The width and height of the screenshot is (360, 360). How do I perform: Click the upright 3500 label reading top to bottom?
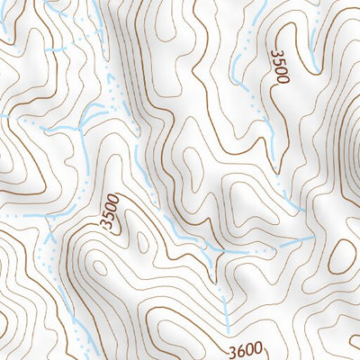coord(278,67)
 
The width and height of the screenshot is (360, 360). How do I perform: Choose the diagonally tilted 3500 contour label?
coord(113,212)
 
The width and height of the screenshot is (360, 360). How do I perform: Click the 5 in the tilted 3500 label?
coord(112,216)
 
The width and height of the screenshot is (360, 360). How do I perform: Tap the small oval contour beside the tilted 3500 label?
coord(142,239)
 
